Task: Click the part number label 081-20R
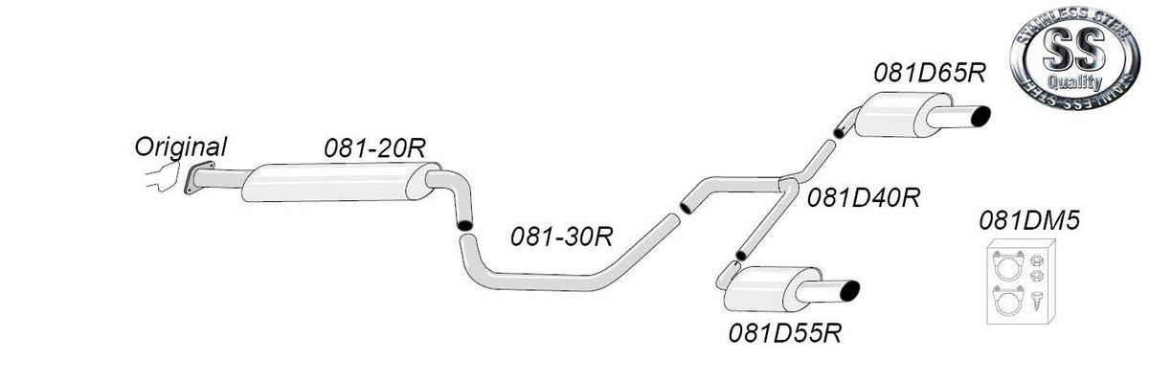pyautogui.click(x=375, y=147)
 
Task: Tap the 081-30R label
pyautogui.click(x=562, y=237)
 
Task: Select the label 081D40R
pyautogui.click(x=864, y=197)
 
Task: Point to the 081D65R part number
pyautogui.click(x=930, y=73)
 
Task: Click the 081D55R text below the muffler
pyautogui.click(x=785, y=333)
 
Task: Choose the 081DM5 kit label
pyautogui.click(x=1029, y=220)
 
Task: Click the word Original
pyautogui.click(x=181, y=146)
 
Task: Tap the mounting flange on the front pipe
pyautogui.click(x=198, y=177)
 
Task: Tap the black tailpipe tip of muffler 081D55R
pyautogui.click(x=849, y=290)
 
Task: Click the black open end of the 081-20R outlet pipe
pyautogui.click(x=464, y=225)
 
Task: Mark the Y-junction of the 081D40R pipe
pyautogui.click(x=788, y=184)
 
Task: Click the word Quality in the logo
pyautogui.click(x=1074, y=81)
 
